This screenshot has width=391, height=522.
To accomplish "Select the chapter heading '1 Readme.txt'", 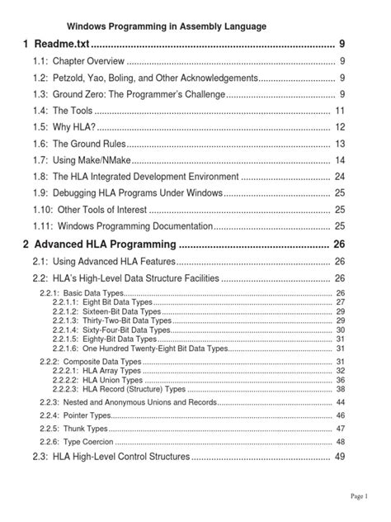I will (58, 43).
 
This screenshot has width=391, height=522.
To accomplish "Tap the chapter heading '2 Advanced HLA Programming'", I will (100, 244).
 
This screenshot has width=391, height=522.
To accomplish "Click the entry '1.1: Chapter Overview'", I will (79, 62).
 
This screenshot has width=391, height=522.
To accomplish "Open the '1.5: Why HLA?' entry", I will (64, 127).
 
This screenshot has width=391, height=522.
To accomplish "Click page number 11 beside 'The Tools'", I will (339, 111).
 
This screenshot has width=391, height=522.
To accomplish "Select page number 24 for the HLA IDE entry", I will (339, 176).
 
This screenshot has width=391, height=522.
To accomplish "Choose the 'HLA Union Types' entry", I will (103, 380).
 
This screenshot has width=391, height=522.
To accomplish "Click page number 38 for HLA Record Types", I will (340, 389).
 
